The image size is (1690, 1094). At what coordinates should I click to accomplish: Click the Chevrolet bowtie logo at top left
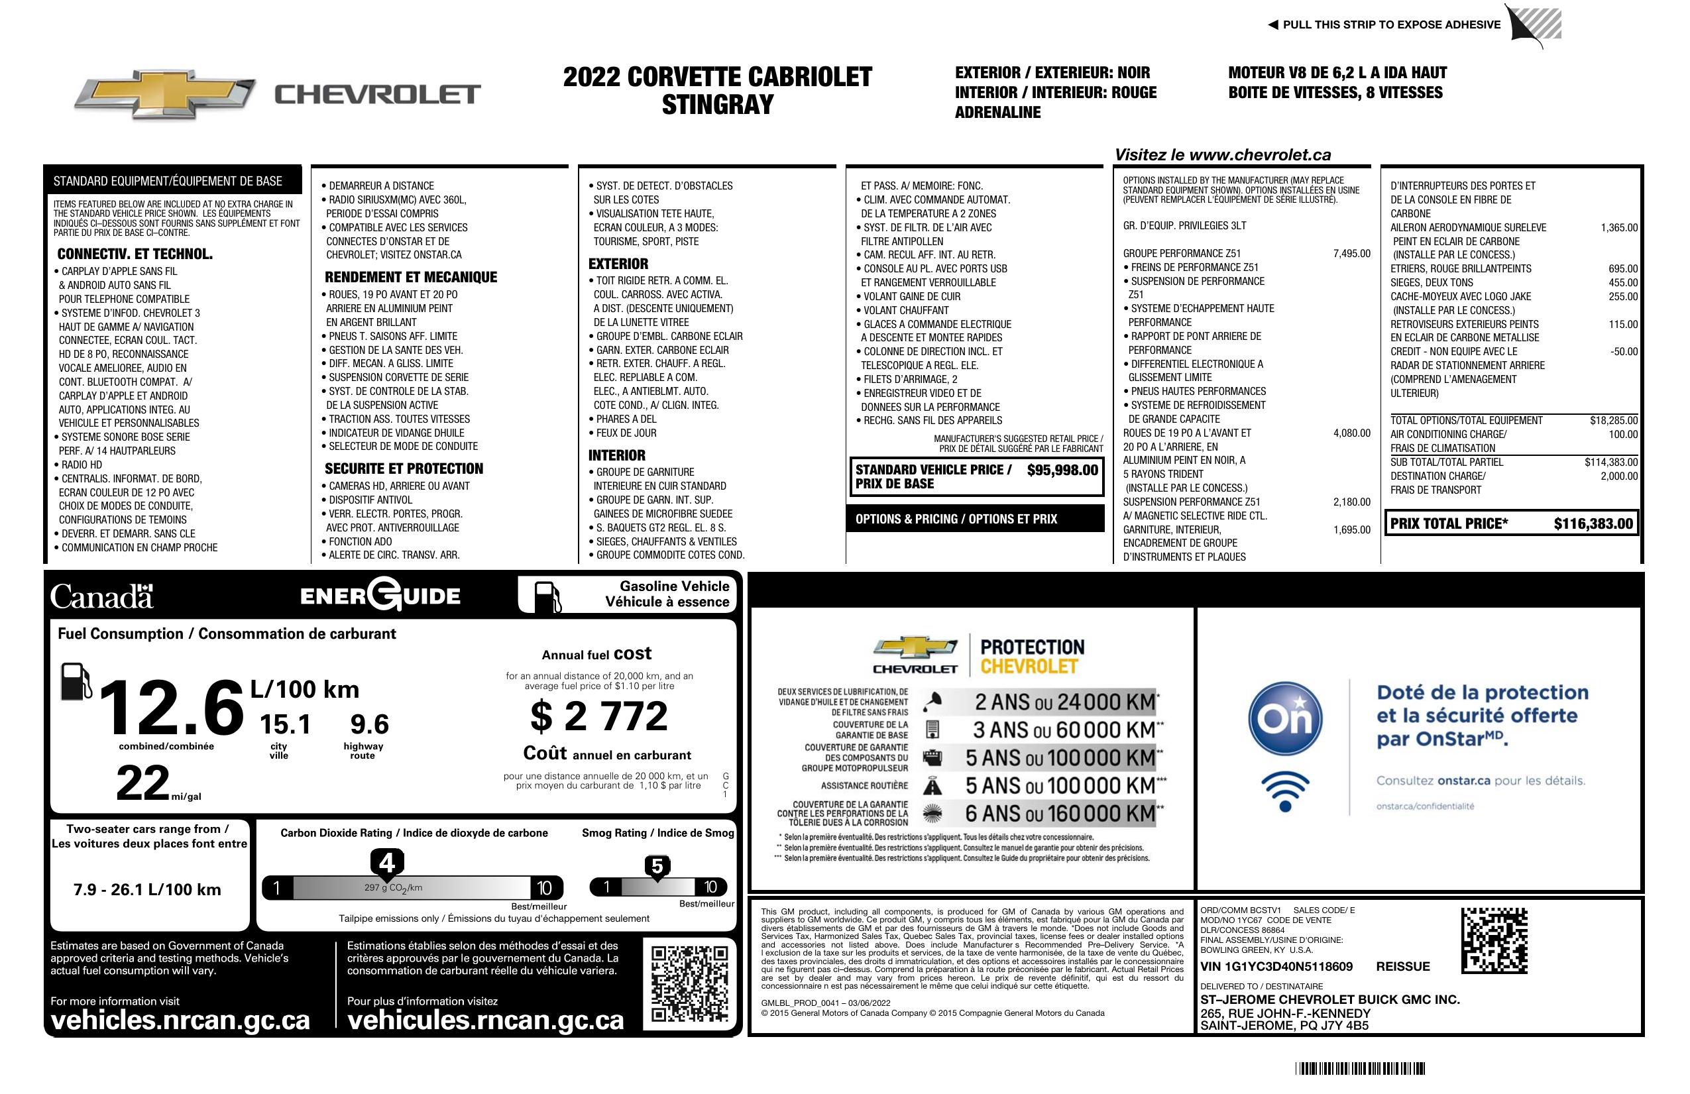[165, 94]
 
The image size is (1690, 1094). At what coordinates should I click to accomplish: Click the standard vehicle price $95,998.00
[1062, 470]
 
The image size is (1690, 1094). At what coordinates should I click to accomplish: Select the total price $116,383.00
[1593, 524]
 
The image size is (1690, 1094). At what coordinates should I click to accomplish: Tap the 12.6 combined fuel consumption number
[170, 708]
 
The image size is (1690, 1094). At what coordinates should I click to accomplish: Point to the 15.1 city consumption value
[285, 725]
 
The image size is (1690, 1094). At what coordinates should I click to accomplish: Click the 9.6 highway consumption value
[369, 725]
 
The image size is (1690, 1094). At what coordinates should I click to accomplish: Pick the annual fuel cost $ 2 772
[598, 716]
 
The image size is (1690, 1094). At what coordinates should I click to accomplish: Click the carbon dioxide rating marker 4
[387, 863]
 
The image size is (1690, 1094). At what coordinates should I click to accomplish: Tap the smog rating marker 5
[657, 867]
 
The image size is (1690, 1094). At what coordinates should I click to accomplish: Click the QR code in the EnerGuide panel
[689, 983]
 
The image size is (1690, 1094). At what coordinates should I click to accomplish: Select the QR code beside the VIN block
[1494, 940]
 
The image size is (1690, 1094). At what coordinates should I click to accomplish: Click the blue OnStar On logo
[1285, 719]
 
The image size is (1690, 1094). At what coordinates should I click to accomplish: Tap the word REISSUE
[1402, 966]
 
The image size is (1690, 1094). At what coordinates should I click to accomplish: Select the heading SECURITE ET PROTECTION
[404, 468]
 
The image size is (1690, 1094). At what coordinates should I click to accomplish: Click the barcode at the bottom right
[1360, 1068]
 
